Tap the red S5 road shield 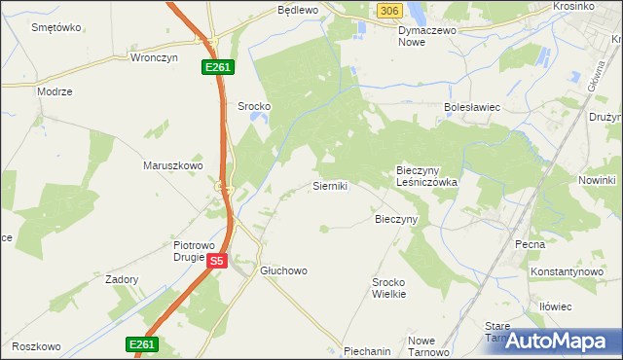(x=217, y=261)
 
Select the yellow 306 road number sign (x=388, y=10)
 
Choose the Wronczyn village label (x=151, y=57)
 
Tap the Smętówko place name (x=55, y=27)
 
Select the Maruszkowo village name (x=172, y=165)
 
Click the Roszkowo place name (x=37, y=346)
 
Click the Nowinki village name (x=597, y=181)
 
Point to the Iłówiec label (x=555, y=306)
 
